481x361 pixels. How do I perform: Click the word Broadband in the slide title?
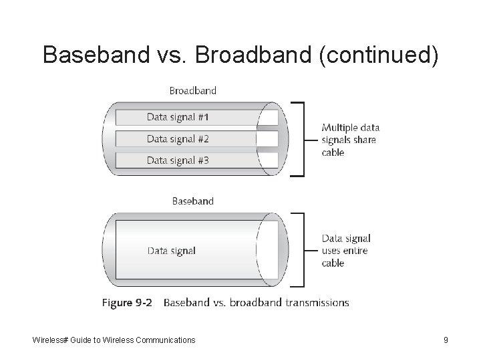(255, 55)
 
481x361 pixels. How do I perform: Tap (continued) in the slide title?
(379, 55)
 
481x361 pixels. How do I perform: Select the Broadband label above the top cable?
(193, 90)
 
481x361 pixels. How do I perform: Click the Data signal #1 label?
(178, 118)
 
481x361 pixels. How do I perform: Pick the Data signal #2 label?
(178, 139)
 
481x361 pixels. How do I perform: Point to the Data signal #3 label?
(178, 160)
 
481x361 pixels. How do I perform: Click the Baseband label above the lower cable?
(193, 201)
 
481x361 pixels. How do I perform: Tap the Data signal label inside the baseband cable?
(172, 251)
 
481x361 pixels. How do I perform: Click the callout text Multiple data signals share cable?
(350, 140)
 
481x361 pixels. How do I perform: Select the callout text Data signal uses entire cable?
(346, 251)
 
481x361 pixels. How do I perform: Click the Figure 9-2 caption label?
(127, 303)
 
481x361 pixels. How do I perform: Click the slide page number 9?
(446, 340)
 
